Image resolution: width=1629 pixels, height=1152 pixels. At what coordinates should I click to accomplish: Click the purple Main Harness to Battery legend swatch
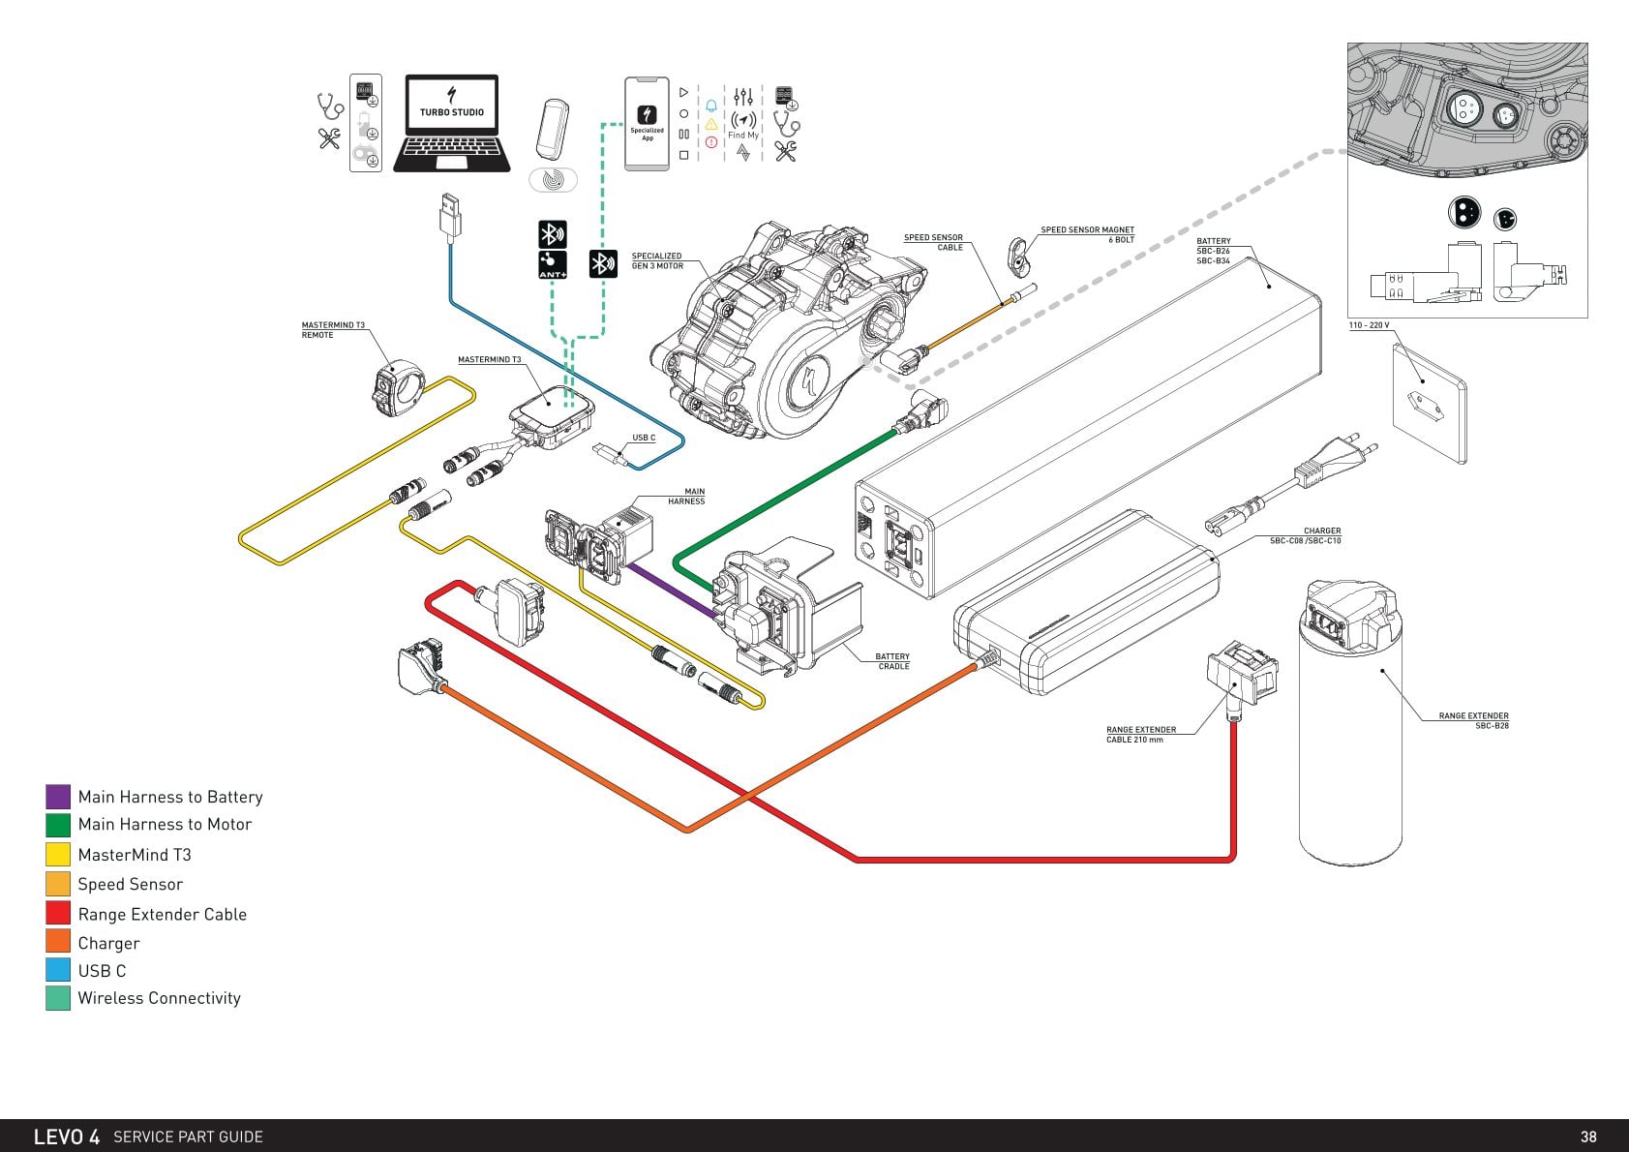coord(58,797)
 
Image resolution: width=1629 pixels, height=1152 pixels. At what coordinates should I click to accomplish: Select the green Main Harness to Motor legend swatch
coord(58,825)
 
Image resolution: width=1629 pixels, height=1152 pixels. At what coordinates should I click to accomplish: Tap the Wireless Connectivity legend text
coord(160,998)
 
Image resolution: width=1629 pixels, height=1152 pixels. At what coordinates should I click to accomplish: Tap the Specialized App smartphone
coord(647,124)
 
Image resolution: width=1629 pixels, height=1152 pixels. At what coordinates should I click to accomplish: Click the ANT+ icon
coord(553,264)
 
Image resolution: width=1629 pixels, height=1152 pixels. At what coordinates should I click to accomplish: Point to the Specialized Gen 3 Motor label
coord(657,261)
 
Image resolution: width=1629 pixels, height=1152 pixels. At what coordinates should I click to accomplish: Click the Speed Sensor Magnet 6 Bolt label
coord(1087,234)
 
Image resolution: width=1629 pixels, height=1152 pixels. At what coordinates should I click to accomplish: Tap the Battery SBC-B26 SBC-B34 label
coord(1214,251)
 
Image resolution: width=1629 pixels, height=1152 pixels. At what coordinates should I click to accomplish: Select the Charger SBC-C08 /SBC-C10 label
coord(1306,536)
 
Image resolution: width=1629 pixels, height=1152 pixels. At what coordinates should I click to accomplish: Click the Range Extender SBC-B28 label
coord(1473,721)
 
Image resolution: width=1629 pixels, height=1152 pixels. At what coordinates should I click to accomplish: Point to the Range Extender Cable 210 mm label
coord(1141,735)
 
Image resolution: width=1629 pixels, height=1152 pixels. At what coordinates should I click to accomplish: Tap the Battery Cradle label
coord(892,661)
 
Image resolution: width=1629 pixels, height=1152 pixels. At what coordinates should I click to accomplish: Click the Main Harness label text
coord(686,496)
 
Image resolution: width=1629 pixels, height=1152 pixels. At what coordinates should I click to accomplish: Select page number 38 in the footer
coord(1588,1137)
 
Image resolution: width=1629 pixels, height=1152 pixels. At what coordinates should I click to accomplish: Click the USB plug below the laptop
coord(449,215)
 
